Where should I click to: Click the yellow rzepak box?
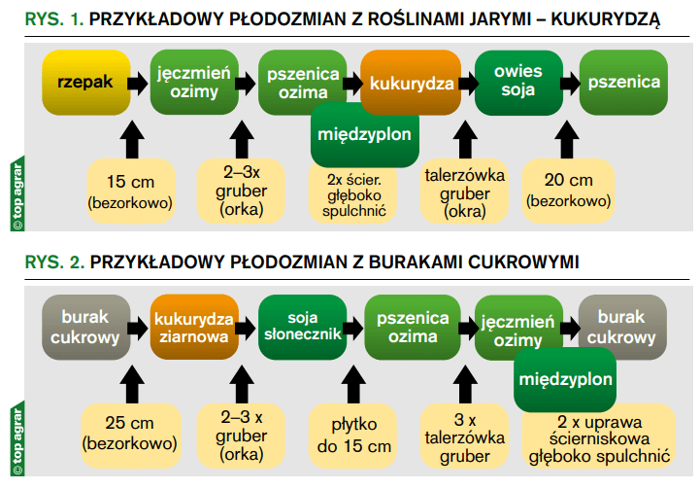tap(86, 83)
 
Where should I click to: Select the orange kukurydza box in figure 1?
tap(411, 83)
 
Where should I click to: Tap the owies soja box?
tap(518, 83)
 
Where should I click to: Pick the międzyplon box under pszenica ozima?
tap(365, 135)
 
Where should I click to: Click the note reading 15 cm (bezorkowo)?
tap(130, 192)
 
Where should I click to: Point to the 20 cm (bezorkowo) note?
tap(568, 192)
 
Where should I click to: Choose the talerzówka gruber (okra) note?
tap(464, 192)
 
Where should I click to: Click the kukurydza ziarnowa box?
tap(194, 328)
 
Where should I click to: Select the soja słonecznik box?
tap(303, 328)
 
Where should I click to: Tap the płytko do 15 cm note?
tap(353, 436)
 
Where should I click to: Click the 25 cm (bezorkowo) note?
tap(130, 436)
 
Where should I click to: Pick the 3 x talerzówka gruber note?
tap(464, 436)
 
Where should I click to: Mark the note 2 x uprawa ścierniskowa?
tap(599, 438)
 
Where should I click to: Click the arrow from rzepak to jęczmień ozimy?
tap(138, 84)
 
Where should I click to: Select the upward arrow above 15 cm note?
tap(132, 139)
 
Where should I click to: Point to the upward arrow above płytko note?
tap(353, 384)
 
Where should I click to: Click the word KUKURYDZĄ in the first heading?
tap(606, 20)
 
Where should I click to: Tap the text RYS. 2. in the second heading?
tap(54, 262)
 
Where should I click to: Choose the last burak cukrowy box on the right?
tap(622, 328)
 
